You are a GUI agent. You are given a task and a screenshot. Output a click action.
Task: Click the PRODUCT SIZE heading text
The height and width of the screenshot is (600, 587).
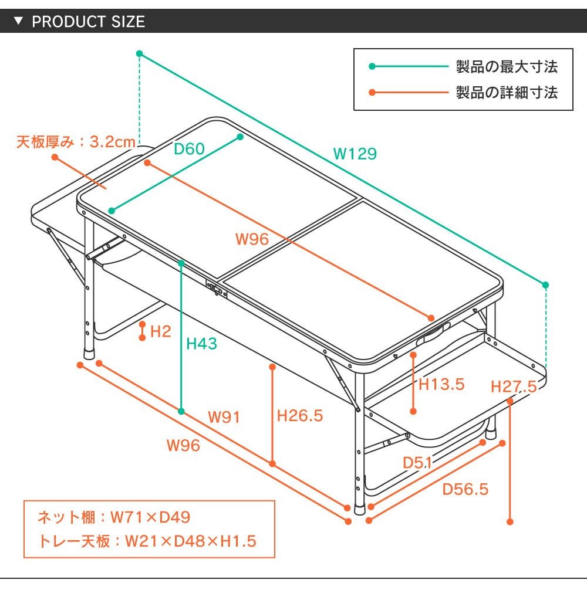pyautogui.click(x=88, y=22)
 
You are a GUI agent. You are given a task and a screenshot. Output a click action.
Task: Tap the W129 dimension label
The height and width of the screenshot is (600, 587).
pyautogui.click(x=355, y=154)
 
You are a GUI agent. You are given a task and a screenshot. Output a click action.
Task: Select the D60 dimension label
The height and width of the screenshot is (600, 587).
pyautogui.click(x=189, y=149)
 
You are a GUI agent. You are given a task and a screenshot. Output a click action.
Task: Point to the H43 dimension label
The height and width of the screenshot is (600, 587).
pyautogui.click(x=201, y=344)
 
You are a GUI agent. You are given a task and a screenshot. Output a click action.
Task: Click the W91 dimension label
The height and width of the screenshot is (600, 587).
pyautogui.click(x=224, y=418)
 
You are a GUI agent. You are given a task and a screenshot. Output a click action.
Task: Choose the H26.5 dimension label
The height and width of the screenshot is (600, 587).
pyautogui.click(x=300, y=416)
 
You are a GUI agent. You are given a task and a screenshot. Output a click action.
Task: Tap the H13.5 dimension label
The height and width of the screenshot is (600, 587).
pyautogui.click(x=441, y=385)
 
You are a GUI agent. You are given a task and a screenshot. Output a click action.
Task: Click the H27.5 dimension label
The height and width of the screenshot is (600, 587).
pyautogui.click(x=514, y=387)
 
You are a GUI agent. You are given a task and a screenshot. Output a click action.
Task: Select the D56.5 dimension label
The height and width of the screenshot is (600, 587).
pyautogui.click(x=465, y=489)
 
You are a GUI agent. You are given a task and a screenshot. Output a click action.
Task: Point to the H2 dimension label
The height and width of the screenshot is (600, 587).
pyautogui.click(x=160, y=332)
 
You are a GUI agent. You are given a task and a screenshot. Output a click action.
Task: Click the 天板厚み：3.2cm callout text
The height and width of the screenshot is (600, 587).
pyautogui.click(x=76, y=142)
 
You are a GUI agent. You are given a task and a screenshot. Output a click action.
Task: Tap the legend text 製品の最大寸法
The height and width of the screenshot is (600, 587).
pyautogui.click(x=507, y=67)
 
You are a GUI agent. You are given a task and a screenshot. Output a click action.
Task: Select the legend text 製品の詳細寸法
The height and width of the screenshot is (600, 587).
pyautogui.click(x=507, y=93)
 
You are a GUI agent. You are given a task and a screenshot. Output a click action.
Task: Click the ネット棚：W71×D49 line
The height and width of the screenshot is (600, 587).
pyautogui.click(x=114, y=517)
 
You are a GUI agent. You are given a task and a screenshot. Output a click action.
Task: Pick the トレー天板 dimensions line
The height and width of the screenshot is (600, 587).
pyautogui.click(x=147, y=541)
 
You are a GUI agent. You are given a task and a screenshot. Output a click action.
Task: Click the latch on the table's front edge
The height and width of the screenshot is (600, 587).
pyautogui.click(x=215, y=289)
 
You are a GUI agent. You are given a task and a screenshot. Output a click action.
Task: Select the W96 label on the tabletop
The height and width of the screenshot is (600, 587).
pyautogui.click(x=252, y=239)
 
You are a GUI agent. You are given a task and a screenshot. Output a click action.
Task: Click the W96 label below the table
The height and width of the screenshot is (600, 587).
pyautogui.click(x=183, y=446)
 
